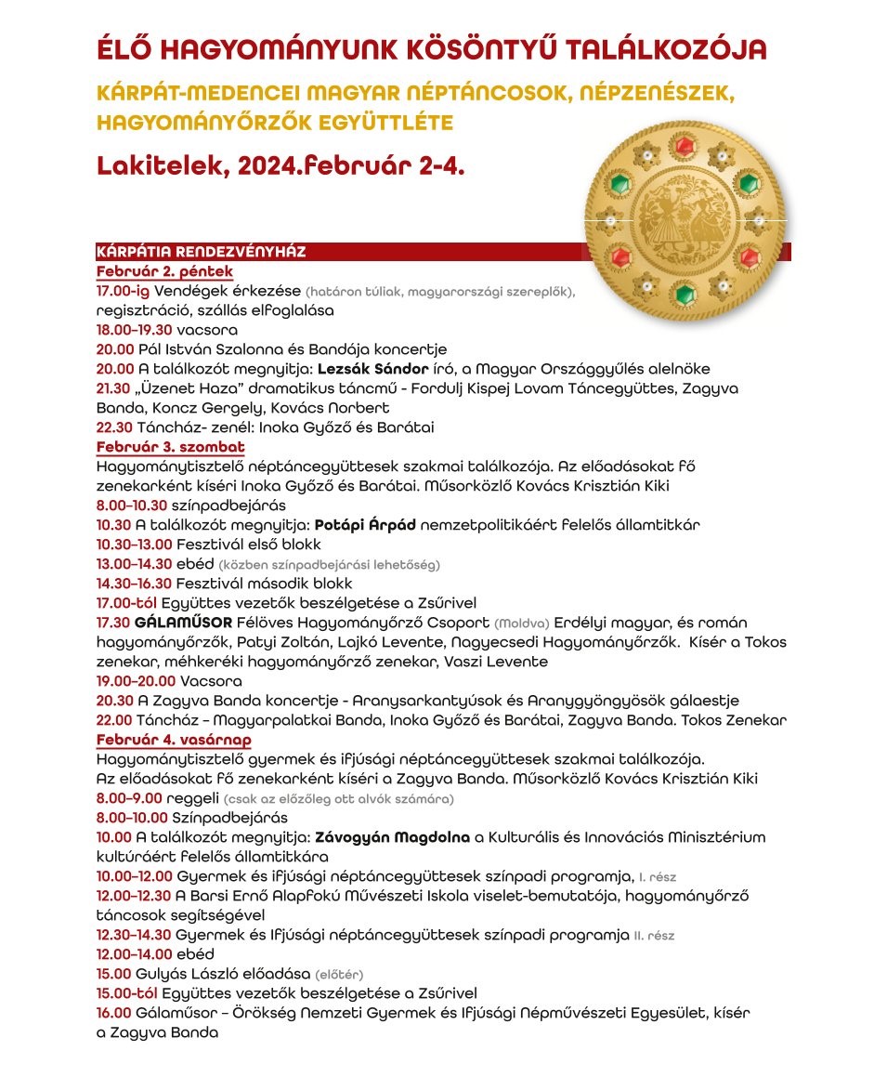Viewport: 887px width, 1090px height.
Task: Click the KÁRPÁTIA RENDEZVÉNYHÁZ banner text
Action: (201, 252)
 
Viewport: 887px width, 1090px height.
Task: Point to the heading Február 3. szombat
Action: (170, 447)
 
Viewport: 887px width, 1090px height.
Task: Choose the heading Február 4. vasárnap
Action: (174, 740)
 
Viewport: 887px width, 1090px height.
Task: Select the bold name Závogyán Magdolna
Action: (392, 837)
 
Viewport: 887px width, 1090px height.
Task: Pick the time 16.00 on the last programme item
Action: (114, 1013)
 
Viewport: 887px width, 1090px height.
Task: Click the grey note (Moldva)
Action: (522, 623)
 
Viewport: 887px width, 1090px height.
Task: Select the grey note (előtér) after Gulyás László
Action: (340, 975)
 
